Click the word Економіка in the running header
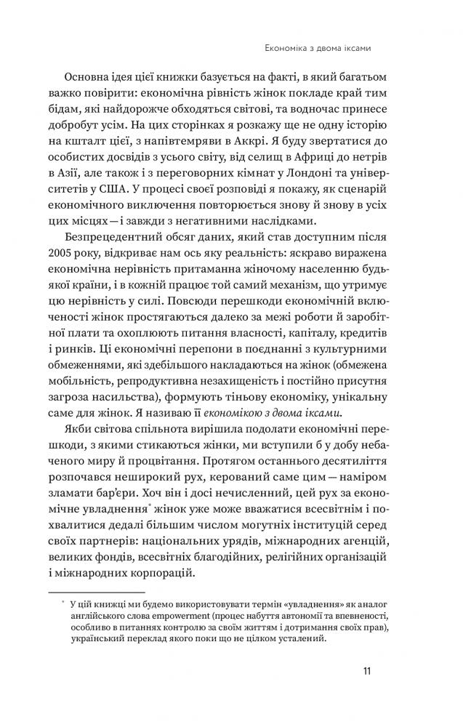coord(285,49)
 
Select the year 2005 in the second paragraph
coord(80,258)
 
